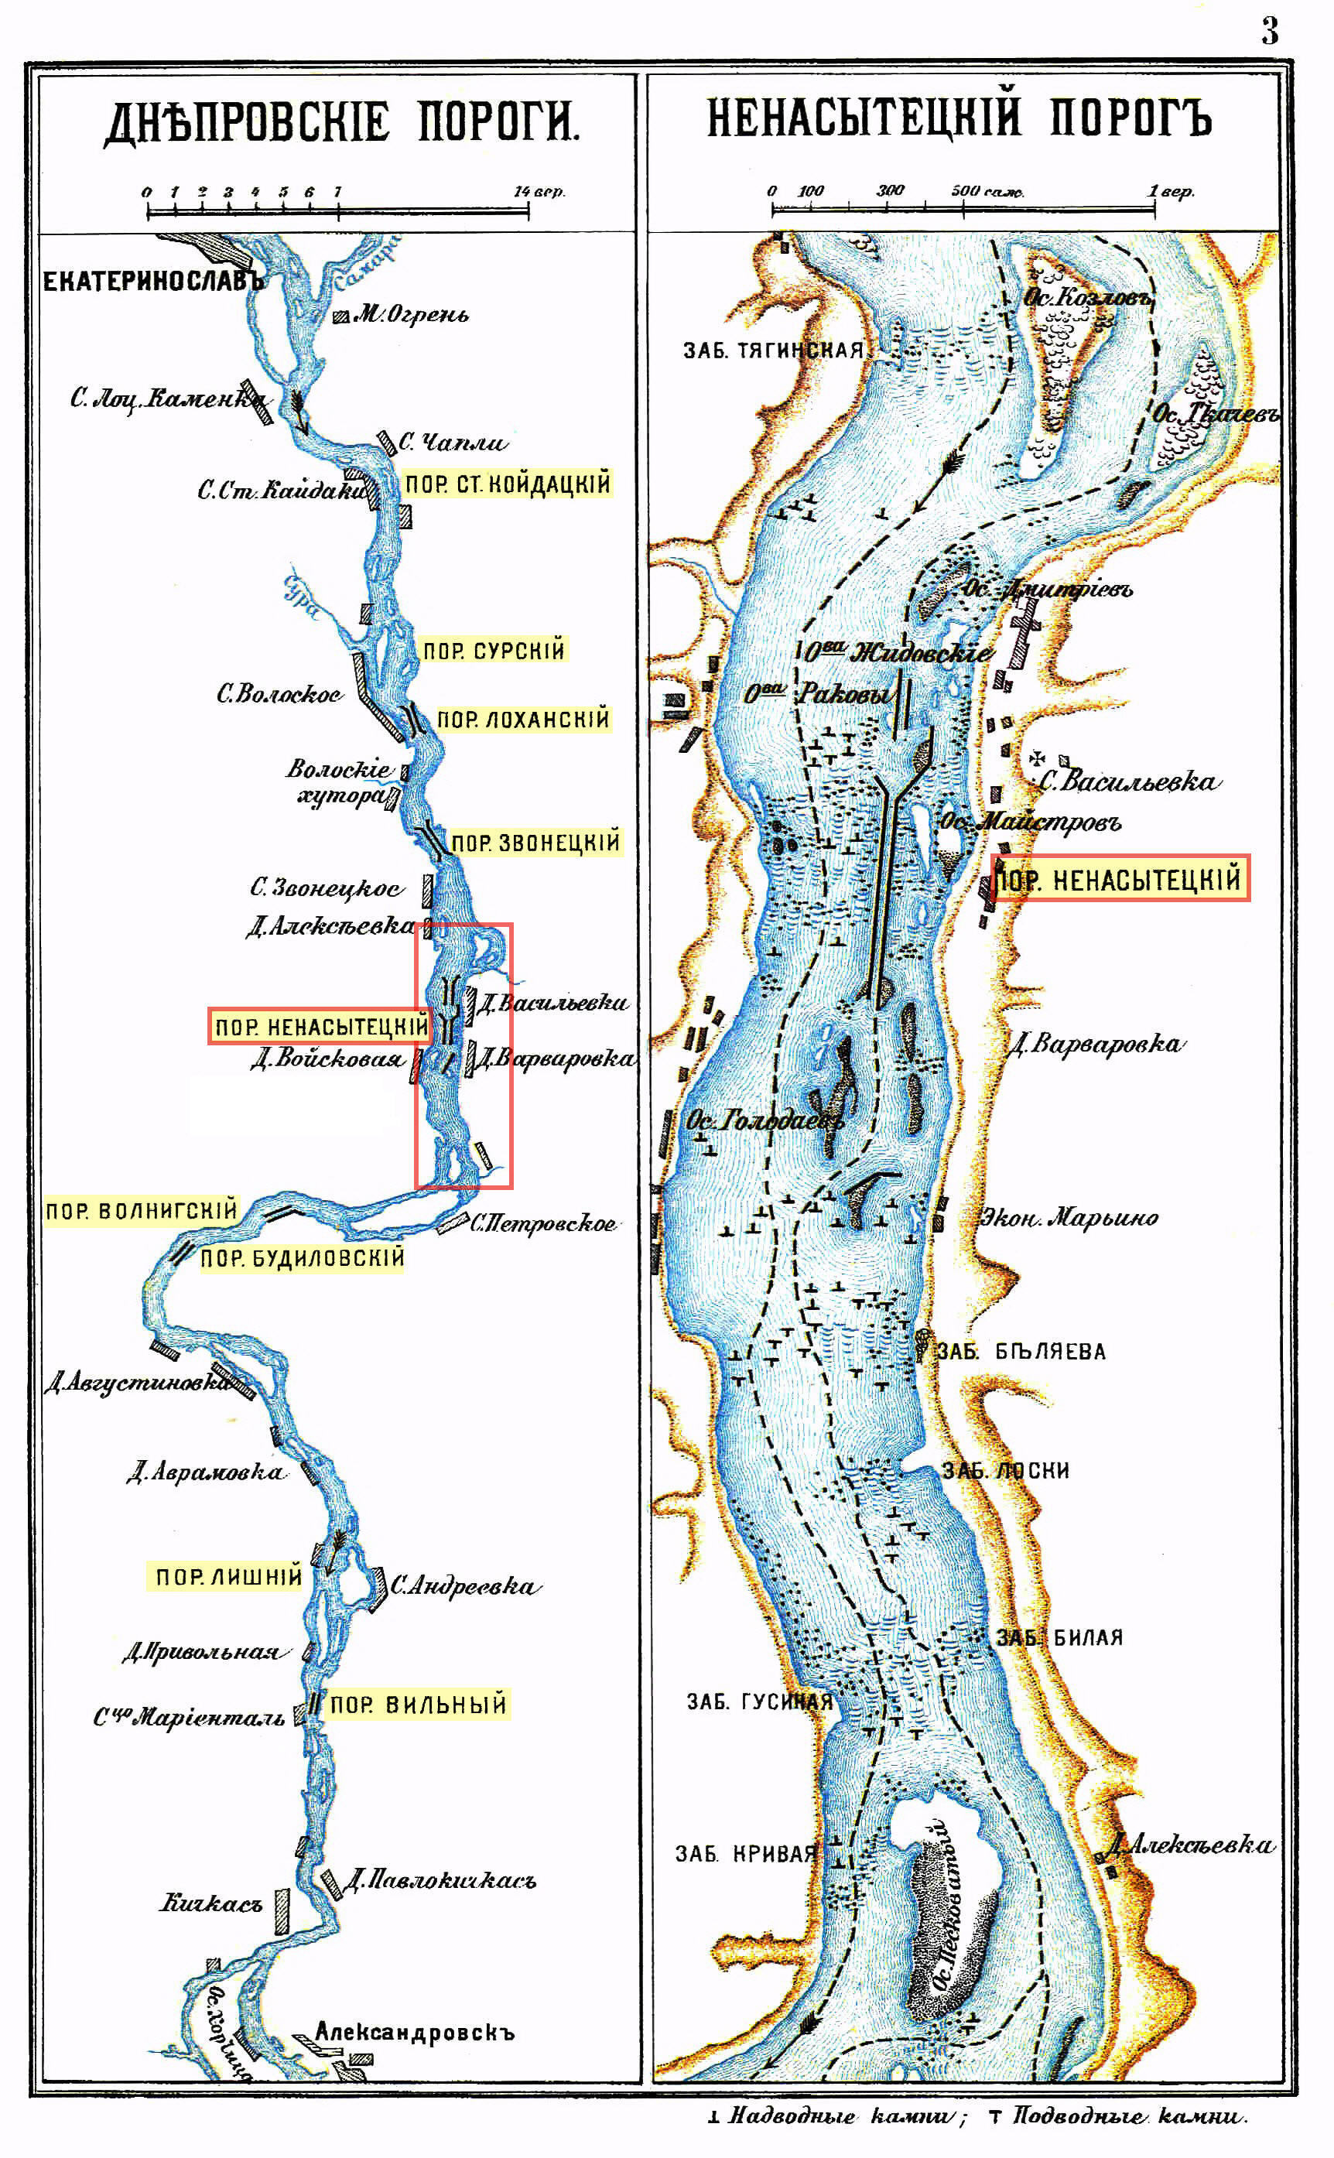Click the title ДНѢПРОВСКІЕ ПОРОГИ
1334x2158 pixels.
[342, 122]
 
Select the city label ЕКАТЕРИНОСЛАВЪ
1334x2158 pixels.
[153, 282]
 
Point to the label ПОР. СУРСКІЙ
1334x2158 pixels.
[493, 651]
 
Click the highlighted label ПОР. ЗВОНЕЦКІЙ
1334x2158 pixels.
[535, 843]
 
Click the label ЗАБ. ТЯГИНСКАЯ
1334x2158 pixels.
[774, 351]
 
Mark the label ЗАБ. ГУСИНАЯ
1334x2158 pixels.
[759, 1701]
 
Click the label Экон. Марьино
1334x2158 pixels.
[1069, 1218]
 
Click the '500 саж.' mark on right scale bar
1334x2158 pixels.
[987, 191]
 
